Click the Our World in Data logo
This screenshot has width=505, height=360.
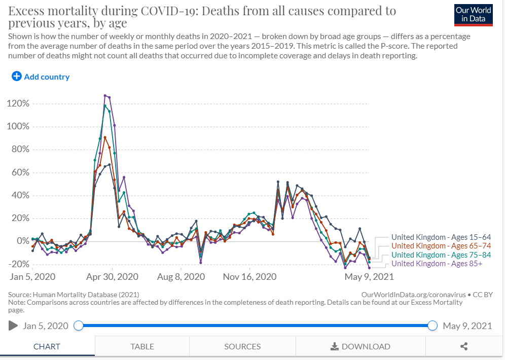pyautogui.click(x=474, y=15)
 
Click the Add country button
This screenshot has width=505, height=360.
pyautogui.click(x=41, y=77)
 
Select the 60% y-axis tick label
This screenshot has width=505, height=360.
pyautogui.click(x=20, y=173)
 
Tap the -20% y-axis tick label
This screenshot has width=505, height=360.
pyautogui.click(x=18, y=264)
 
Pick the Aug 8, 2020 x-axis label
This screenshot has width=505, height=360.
pyautogui.click(x=181, y=277)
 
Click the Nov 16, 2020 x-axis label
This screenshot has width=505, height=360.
pyautogui.click(x=250, y=277)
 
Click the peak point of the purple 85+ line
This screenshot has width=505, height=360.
pyautogui.click(x=105, y=95)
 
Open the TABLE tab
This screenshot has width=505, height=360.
pyautogui.click(x=142, y=347)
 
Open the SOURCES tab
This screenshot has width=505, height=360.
pyautogui.click(x=242, y=347)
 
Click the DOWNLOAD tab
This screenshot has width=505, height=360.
pyautogui.click(x=360, y=347)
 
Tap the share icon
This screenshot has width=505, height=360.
pyautogui.click(x=463, y=347)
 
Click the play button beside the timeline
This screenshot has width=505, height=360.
pyautogui.click(x=13, y=326)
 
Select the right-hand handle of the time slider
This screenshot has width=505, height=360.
pyautogui.click(x=432, y=326)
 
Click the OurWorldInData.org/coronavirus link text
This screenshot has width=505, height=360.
pyautogui.click(x=413, y=294)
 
